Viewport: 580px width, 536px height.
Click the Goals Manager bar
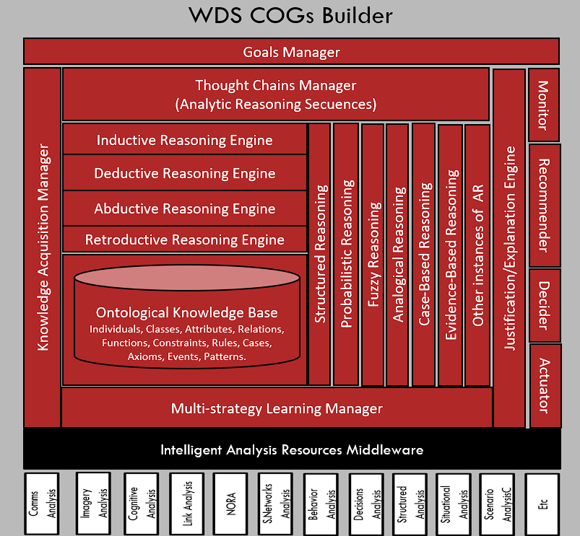coord(291,52)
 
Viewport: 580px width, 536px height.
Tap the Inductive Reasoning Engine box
coord(184,139)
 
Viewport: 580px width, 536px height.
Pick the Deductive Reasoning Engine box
coord(184,173)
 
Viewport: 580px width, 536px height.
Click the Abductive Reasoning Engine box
coord(184,208)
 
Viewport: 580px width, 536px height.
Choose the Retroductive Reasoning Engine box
coord(184,240)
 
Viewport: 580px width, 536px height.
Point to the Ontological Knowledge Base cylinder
coord(186,317)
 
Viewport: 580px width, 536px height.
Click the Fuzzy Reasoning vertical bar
coord(373,255)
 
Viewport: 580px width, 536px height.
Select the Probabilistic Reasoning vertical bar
coord(346,255)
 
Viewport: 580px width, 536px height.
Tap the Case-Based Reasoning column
coord(424,255)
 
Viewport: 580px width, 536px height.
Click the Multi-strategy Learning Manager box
coord(277,409)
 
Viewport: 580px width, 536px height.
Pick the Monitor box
coord(544,105)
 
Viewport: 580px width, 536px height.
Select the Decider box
coord(544,306)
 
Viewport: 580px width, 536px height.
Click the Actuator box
coord(544,385)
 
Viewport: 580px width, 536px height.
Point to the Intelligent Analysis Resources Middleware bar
coord(291,449)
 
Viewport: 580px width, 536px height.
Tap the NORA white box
coord(231,504)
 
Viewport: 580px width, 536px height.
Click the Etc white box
coord(542,504)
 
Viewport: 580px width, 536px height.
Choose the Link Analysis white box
coord(187,504)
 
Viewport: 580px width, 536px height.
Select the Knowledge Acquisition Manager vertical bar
coord(43,247)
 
